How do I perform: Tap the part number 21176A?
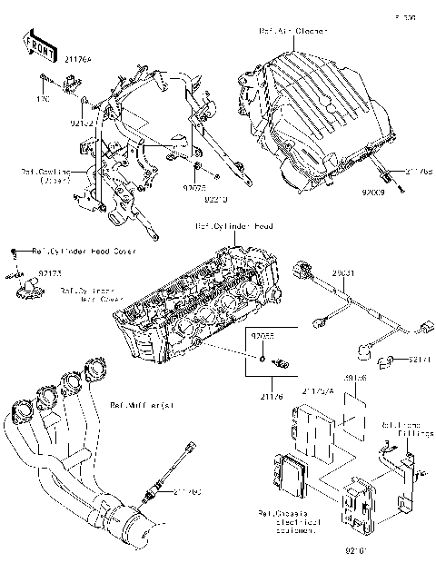click(54, 62)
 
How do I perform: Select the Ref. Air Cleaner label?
click(293, 31)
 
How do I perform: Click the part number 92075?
click(193, 189)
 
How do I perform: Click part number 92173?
click(49, 272)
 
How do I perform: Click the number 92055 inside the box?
click(263, 337)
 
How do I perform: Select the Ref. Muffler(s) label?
click(141, 406)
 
